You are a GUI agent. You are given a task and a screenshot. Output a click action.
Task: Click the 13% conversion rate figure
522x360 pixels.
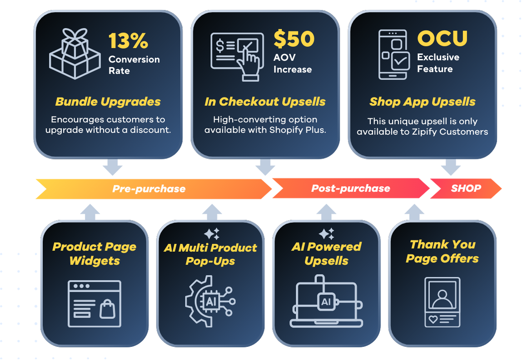click(x=128, y=41)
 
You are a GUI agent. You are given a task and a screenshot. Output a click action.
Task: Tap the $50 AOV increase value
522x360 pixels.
click(x=293, y=39)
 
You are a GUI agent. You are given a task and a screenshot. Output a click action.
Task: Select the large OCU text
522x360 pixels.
click(x=442, y=39)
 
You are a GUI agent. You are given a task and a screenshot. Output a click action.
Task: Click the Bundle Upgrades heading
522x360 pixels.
click(x=108, y=101)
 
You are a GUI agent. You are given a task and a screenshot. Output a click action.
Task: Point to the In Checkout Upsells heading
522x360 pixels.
click(x=265, y=101)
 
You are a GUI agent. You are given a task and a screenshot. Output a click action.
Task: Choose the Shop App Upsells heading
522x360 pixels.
click(x=422, y=102)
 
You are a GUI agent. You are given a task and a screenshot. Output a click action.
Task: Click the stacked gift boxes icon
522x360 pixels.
click(x=75, y=54)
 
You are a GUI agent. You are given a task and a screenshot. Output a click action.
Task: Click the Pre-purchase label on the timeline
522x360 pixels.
click(x=149, y=188)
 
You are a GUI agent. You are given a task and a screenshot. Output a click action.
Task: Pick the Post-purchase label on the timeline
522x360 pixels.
click(x=350, y=188)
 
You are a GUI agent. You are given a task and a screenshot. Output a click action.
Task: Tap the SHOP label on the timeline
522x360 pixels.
click(x=466, y=188)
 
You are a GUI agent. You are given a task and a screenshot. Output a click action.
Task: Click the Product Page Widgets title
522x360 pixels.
click(x=94, y=253)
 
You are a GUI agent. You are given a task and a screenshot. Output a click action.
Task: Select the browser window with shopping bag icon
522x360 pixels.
click(x=94, y=303)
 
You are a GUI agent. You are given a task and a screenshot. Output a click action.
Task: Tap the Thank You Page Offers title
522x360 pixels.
click(x=442, y=252)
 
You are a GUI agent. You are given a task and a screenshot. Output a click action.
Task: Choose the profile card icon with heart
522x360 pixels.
click(x=442, y=302)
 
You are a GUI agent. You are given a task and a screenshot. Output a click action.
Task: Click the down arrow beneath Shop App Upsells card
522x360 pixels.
click(x=451, y=168)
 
